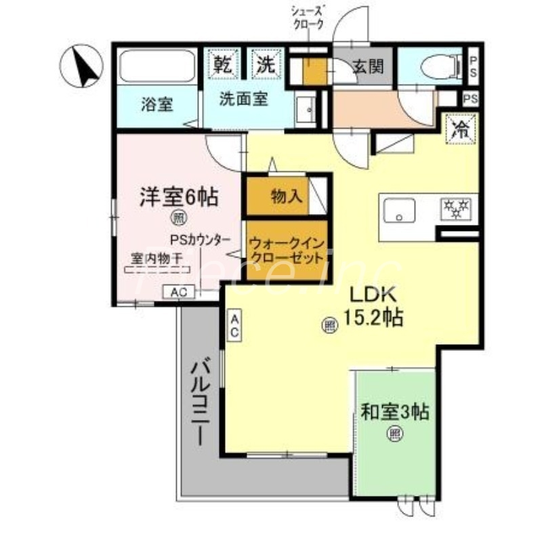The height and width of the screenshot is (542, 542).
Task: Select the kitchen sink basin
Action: point(400,211)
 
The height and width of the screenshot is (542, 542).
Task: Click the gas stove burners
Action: point(457,209)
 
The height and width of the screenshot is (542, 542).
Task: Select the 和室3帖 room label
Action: point(395,411)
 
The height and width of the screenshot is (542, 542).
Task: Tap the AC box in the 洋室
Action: point(179,292)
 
